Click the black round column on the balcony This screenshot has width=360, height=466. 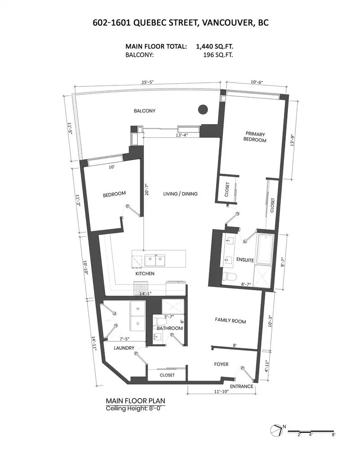[x=203, y=109]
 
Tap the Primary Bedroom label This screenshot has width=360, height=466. [x=255, y=137]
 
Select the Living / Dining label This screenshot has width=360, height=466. [x=180, y=194]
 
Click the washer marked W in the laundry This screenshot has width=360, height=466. [x=138, y=309]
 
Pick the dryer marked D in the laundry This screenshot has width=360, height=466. [x=138, y=323]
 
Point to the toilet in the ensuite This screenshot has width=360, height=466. [x=229, y=277]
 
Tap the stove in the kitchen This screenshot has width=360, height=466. [x=140, y=288]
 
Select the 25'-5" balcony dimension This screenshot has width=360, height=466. [x=148, y=82]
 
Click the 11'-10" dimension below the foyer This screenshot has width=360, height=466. [x=221, y=391]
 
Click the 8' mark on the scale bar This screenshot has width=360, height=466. [x=333, y=435]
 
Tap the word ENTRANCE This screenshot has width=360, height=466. [x=242, y=386]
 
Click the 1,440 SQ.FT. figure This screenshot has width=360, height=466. [x=214, y=46]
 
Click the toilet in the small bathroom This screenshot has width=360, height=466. [x=161, y=322]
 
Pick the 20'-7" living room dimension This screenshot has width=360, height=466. [x=147, y=189]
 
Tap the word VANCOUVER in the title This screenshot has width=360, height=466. [x=225, y=23]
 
